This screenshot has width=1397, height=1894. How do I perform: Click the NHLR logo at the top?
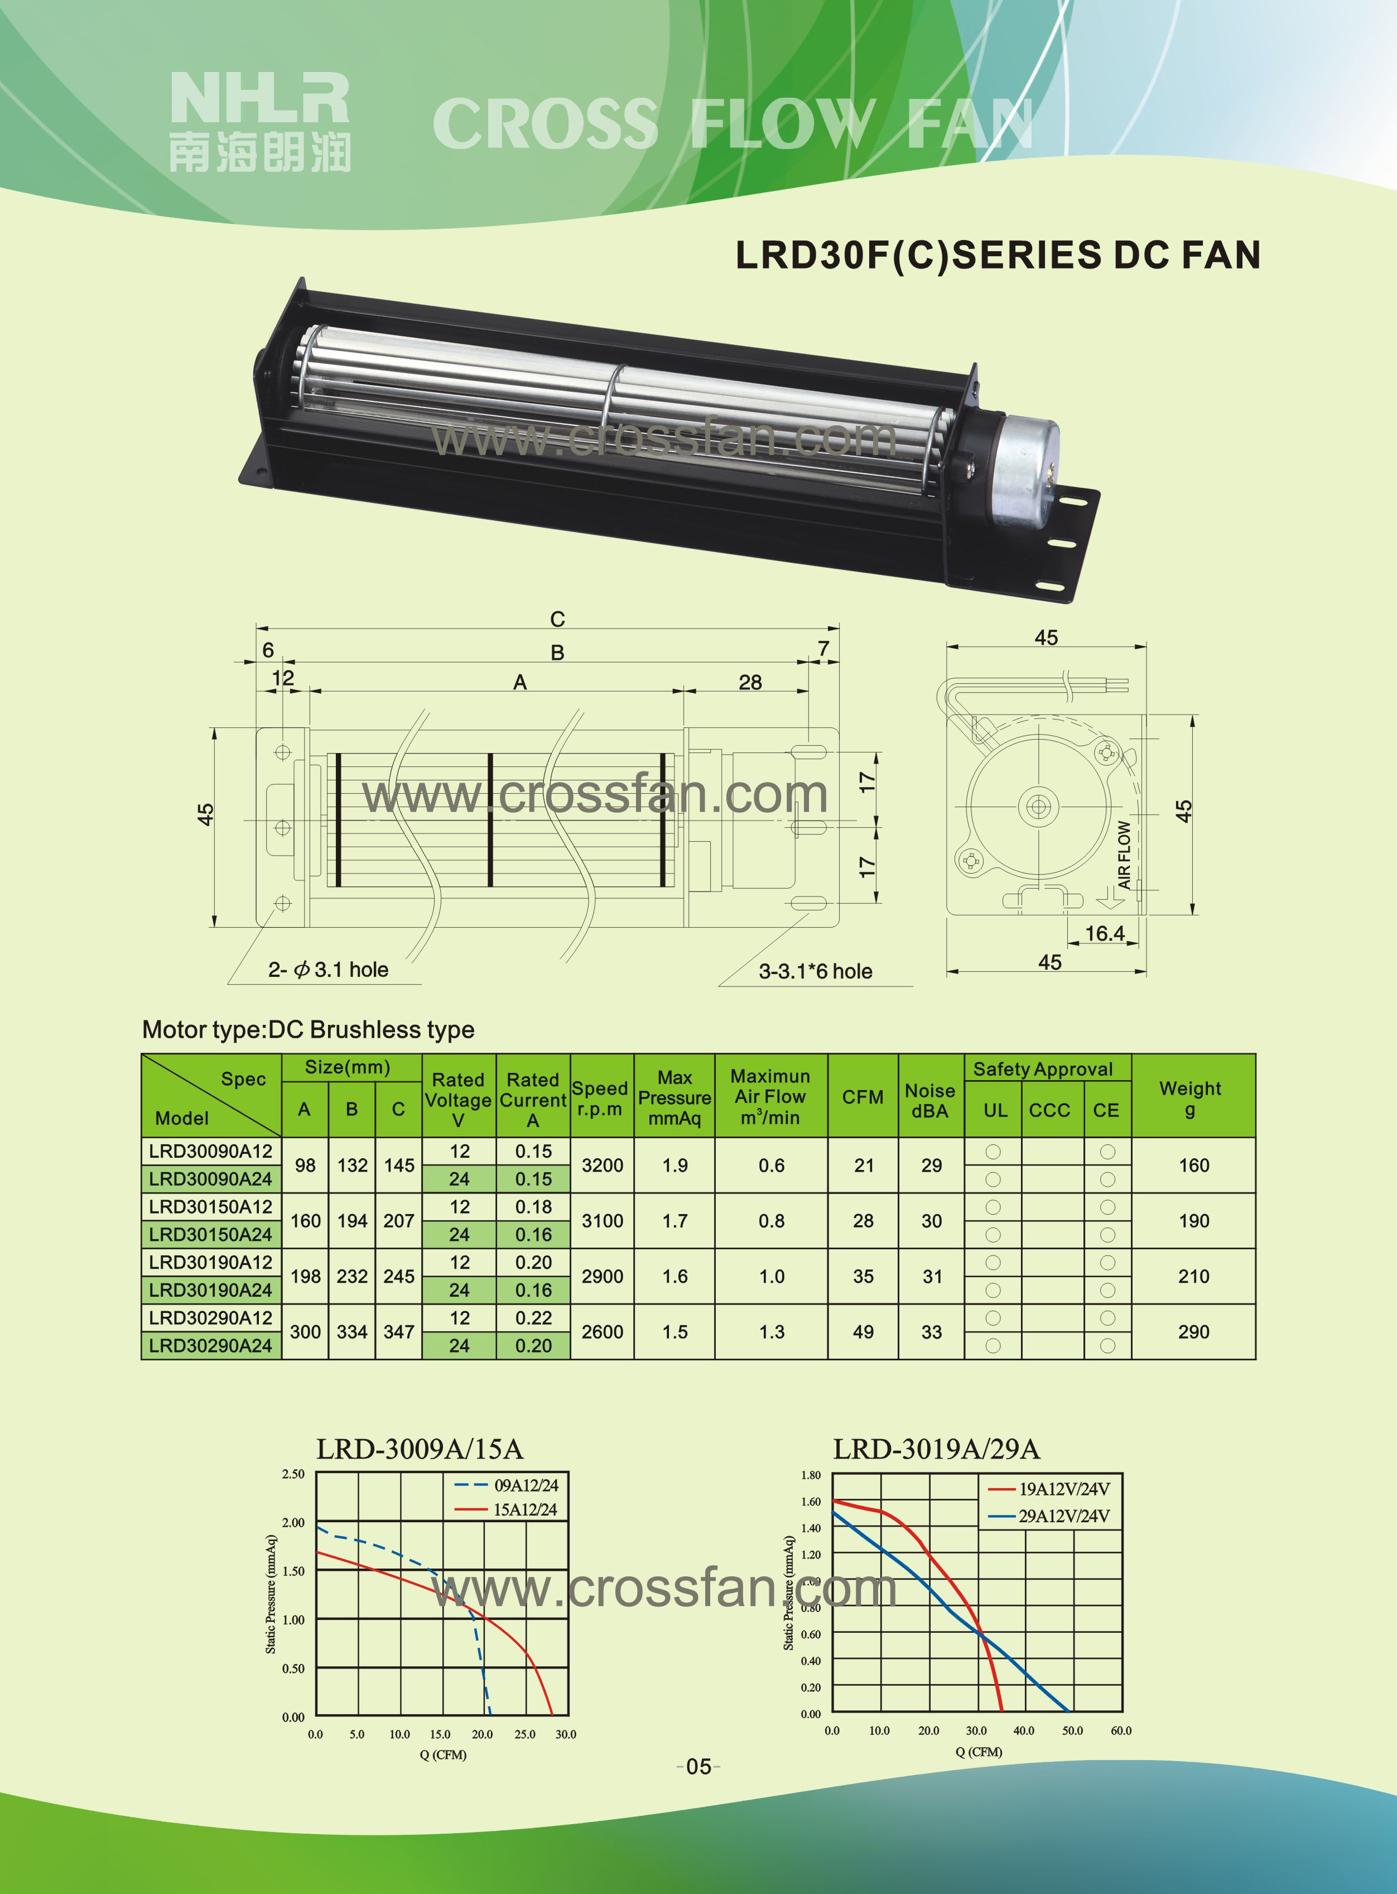point(259,121)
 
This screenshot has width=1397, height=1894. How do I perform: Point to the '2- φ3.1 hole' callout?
point(328,970)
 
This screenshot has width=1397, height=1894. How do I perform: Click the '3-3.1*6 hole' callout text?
point(815,971)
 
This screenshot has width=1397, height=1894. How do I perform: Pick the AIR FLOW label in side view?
point(1124,855)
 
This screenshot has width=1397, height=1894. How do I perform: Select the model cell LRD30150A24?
point(210,1234)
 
